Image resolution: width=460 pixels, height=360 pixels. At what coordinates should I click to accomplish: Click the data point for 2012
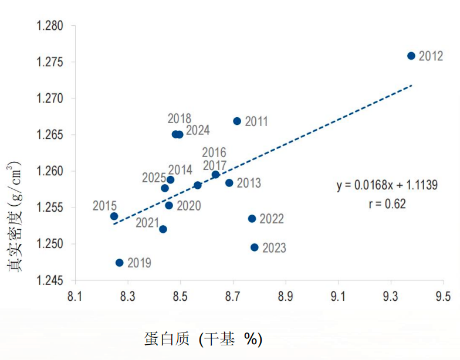411,56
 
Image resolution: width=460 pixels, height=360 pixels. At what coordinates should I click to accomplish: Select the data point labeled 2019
120,263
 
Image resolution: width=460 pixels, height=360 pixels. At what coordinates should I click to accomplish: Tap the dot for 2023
255,247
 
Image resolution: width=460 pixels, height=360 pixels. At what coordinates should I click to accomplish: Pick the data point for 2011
237,121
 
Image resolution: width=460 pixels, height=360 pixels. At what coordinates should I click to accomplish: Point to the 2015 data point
114,216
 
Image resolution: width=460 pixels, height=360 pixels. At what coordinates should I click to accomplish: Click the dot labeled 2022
252,219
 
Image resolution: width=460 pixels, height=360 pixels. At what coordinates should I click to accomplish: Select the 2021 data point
163,229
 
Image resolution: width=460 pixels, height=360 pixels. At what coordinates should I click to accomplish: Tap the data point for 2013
229,183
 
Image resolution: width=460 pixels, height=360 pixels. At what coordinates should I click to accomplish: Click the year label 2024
198,130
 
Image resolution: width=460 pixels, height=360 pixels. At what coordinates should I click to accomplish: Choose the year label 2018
179,119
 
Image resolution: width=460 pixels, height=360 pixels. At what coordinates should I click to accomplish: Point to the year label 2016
214,153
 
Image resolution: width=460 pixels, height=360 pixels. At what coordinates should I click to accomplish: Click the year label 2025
153,178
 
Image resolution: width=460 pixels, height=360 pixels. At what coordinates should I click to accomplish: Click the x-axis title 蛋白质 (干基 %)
203,339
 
